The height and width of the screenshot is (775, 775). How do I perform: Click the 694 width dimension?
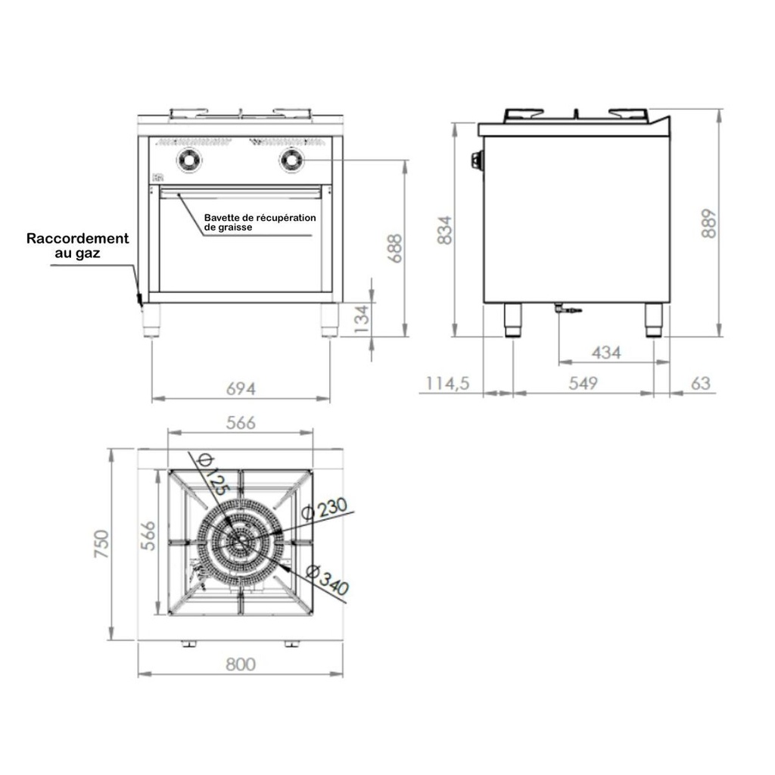click(x=241, y=389)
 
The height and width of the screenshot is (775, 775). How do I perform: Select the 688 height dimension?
click(x=396, y=248)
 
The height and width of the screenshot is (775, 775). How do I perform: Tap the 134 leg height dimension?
click(x=362, y=319)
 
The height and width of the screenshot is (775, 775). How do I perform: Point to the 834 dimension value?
click(x=445, y=230)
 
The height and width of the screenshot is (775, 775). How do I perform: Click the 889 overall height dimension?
click(x=708, y=223)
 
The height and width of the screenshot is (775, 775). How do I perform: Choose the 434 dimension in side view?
click(x=606, y=353)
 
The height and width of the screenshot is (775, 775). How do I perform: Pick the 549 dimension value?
click(x=583, y=383)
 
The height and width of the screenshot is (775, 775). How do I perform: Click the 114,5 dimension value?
click(x=448, y=383)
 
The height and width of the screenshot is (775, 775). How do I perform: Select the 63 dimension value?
click(x=700, y=383)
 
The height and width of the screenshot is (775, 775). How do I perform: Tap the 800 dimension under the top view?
click(x=241, y=664)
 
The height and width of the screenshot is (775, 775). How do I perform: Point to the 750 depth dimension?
click(x=101, y=543)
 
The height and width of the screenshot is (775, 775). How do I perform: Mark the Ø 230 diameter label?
click(x=324, y=509)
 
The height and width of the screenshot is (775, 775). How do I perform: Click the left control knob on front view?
click(x=189, y=160)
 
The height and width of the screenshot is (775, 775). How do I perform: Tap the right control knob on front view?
click(x=291, y=160)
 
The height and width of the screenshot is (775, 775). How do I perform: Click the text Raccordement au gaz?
click(x=78, y=246)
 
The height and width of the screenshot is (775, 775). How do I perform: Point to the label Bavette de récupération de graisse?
click(x=260, y=223)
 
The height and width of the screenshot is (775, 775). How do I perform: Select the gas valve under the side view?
click(x=568, y=309)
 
